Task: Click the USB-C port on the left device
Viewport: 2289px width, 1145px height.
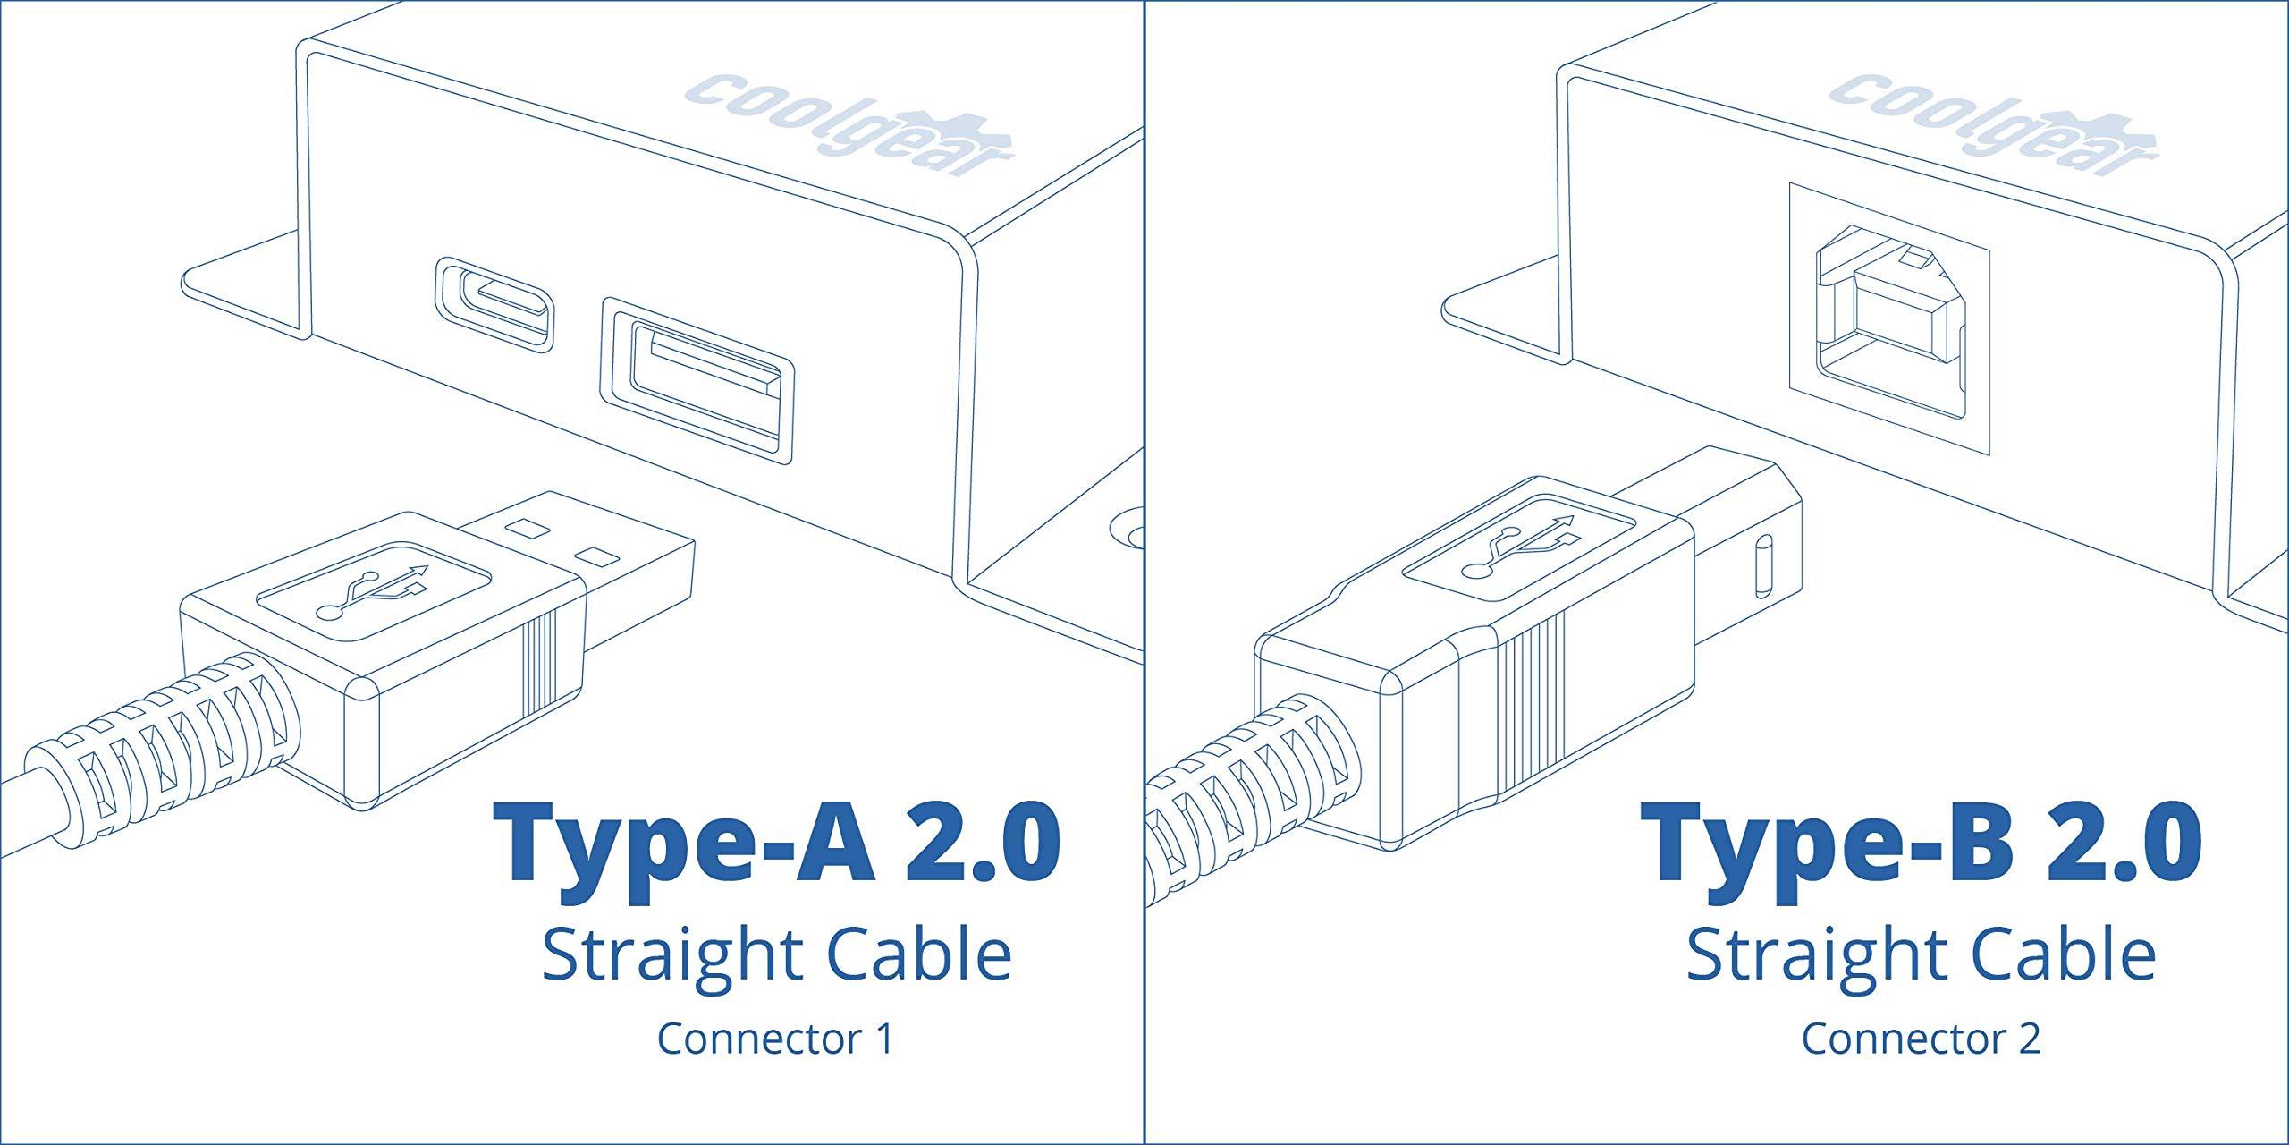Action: coord(494,305)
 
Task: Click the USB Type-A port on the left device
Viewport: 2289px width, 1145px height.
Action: coord(697,381)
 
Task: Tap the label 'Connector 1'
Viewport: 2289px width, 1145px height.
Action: coord(775,1038)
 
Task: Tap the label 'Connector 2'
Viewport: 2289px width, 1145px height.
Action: coord(1921,1038)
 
